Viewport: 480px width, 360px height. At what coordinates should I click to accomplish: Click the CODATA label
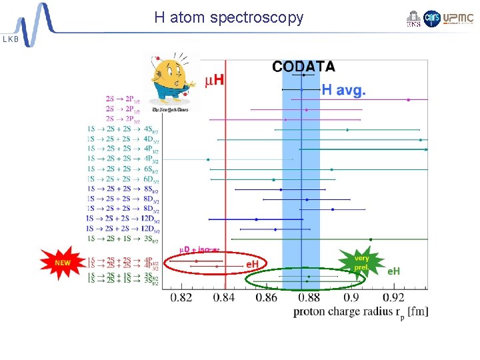tap(303, 66)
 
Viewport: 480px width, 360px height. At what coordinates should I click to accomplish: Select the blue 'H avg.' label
tap(343, 89)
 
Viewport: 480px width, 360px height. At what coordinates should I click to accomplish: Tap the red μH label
tap(213, 81)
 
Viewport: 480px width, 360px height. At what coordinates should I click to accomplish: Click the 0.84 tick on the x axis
tap(224, 297)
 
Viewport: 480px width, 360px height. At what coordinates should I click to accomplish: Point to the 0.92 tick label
tap(394, 297)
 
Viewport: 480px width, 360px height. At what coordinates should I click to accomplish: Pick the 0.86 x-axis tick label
tap(267, 297)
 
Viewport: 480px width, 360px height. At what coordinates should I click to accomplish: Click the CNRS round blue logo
tap(432, 19)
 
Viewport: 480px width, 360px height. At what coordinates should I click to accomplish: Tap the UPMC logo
tap(458, 19)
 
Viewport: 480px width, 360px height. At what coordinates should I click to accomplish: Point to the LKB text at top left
tap(11, 39)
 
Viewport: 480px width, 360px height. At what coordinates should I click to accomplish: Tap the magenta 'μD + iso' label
tap(194, 249)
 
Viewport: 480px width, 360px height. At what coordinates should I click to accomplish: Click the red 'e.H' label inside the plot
tap(253, 265)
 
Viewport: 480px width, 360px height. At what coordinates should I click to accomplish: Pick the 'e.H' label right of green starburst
tap(394, 271)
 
